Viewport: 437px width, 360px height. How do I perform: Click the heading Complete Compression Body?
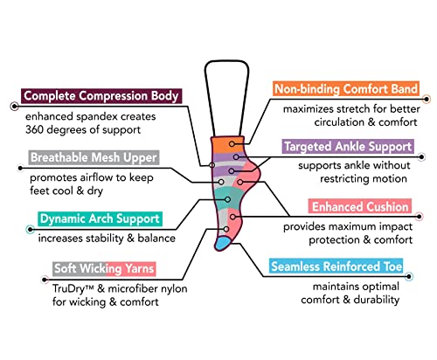click(x=101, y=96)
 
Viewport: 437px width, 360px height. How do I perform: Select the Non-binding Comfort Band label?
click(x=346, y=89)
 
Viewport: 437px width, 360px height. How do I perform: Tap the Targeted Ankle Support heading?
click(x=348, y=147)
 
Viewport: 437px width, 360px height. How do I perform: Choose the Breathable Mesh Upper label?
click(x=94, y=157)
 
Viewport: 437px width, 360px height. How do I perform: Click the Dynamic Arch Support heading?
click(x=100, y=218)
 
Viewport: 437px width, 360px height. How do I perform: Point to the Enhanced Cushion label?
click(x=360, y=206)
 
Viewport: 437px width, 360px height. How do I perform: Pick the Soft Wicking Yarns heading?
click(x=104, y=268)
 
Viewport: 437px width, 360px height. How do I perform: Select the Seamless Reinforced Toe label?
click(x=336, y=267)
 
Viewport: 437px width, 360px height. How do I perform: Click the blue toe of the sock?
click(x=223, y=244)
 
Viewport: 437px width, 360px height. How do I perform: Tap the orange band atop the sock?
click(x=228, y=145)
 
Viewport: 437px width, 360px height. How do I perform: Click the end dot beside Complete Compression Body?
click(x=14, y=107)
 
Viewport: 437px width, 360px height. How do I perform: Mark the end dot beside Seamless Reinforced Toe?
click(x=409, y=276)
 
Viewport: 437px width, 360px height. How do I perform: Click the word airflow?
click(x=96, y=177)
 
